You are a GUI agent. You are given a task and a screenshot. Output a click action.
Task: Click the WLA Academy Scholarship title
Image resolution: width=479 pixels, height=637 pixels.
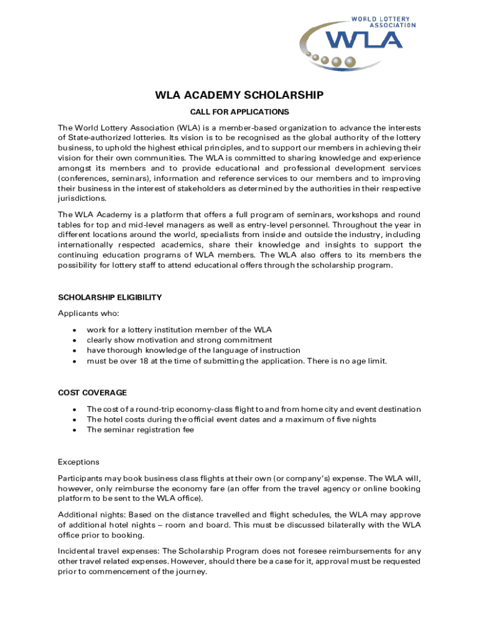239,95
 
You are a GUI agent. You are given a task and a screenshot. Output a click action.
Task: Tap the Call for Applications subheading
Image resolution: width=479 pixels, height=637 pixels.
239,112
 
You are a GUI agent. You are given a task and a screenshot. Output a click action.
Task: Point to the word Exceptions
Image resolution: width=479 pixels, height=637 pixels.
78,462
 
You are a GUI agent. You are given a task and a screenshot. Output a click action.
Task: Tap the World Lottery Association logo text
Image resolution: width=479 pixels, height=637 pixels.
384,22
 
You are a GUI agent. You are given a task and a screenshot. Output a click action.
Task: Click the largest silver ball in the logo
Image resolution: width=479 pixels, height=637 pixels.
351,62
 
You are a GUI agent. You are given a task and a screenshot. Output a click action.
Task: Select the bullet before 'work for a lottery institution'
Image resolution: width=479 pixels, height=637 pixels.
75,330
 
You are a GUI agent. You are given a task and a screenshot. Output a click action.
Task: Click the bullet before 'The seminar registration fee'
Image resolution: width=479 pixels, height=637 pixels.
75,430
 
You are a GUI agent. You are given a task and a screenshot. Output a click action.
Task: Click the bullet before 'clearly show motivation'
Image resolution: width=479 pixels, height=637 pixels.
75,340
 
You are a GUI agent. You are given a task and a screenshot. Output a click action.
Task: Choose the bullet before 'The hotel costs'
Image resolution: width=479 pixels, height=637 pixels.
75,420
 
